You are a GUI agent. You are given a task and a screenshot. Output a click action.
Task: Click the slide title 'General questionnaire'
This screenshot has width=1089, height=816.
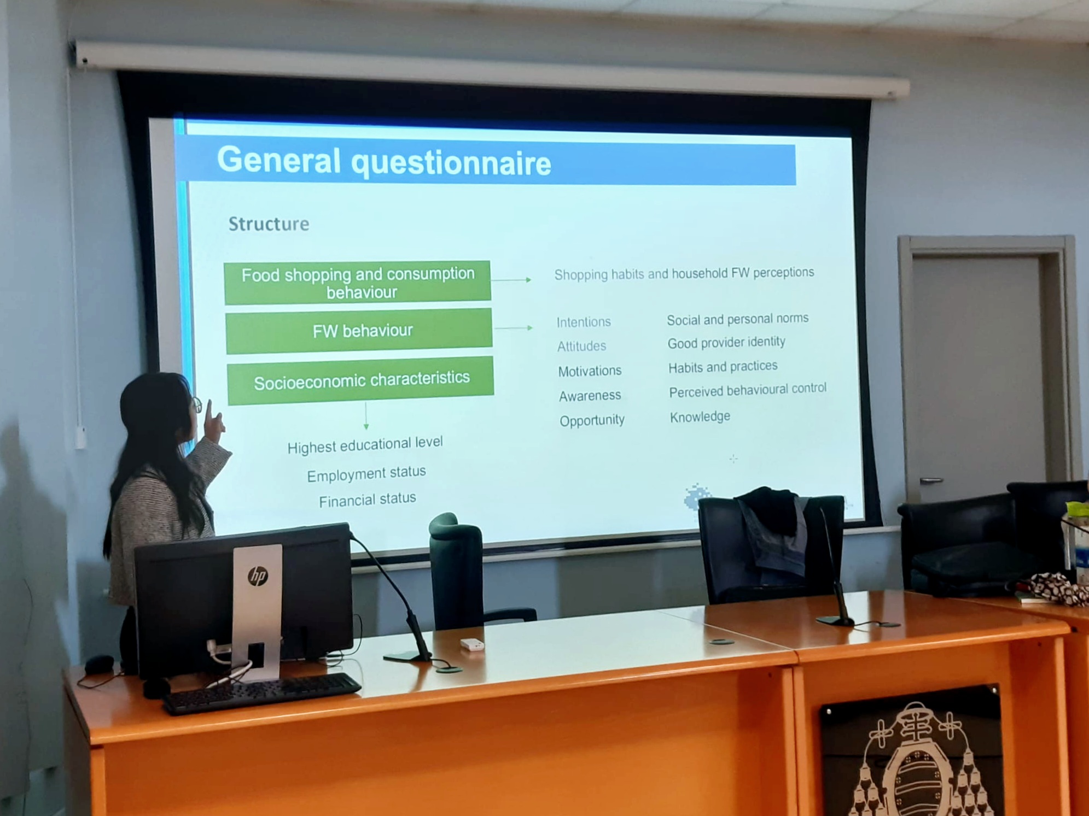point(384,161)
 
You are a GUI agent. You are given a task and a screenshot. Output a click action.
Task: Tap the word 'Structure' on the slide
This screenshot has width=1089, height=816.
point(269,224)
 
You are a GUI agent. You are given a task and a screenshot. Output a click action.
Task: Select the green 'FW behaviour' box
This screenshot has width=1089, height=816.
point(359,331)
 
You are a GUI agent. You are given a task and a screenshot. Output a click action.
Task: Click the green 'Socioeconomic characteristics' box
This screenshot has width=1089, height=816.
point(361,380)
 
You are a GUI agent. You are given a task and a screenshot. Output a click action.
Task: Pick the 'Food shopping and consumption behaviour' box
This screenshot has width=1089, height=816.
point(358,283)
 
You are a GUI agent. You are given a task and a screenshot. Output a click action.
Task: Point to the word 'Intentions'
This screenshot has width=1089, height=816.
point(584,322)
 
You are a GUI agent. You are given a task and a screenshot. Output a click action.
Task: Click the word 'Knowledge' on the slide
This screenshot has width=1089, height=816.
point(700,417)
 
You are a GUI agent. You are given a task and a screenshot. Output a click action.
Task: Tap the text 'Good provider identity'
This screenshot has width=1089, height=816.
point(726,343)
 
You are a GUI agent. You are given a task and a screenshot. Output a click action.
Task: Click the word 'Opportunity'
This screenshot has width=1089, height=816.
point(592,420)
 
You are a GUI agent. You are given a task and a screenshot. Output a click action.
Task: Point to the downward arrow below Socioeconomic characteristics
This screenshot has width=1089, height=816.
point(366,416)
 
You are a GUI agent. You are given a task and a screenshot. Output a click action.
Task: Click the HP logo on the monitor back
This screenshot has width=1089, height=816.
point(258,576)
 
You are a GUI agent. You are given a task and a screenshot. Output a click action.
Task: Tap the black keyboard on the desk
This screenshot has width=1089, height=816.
point(261,693)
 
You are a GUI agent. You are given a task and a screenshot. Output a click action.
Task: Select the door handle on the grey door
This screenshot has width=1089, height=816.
point(931,480)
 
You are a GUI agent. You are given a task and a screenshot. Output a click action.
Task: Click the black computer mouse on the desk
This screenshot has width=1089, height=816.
point(99,664)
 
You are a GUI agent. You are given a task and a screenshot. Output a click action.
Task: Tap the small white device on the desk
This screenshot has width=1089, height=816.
point(471,645)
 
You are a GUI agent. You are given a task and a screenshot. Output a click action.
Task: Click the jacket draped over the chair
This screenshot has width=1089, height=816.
point(772,530)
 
